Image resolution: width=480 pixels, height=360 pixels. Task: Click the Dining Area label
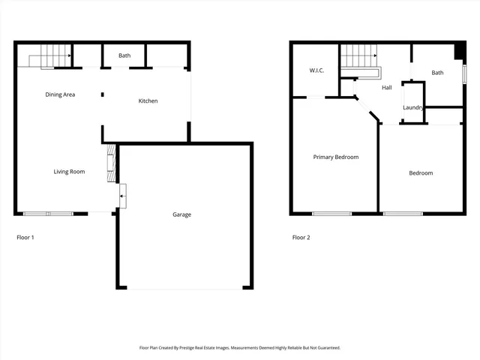pos(60,94)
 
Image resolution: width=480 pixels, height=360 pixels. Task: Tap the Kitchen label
pos(148,100)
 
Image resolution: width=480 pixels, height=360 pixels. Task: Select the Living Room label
pos(69,172)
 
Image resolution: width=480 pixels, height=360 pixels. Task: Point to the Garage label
pos(181,214)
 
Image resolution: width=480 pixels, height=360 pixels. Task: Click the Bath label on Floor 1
pos(124,55)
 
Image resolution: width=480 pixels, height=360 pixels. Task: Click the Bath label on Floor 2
pos(437,73)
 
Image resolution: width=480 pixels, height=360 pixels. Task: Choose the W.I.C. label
pos(316,70)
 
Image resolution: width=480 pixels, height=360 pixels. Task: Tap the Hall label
pos(387,88)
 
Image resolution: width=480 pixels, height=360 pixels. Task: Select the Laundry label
pos(413,108)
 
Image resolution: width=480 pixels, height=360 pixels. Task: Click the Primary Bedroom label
pos(335,157)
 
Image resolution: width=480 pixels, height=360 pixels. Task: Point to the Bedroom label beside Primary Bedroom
pos(421,173)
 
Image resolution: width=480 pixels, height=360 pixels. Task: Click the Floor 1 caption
pos(25,238)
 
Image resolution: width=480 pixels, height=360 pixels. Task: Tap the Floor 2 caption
pos(301,238)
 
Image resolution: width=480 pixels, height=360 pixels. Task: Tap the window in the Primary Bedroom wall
pos(331,214)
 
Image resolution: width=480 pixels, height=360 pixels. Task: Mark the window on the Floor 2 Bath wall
pos(464,75)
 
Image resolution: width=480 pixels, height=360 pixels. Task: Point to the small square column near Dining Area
pos(103,94)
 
